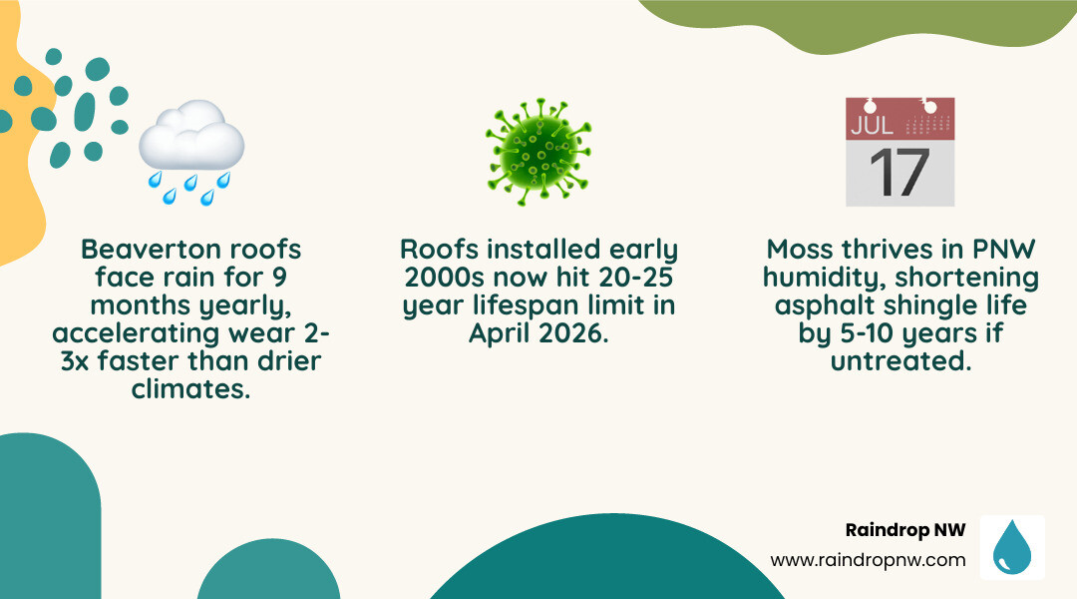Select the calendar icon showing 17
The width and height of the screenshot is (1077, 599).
(899, 152)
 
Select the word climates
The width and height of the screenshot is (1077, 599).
(190, 388)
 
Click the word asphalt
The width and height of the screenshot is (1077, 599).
(823, 304)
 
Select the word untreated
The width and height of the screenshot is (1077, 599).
(900, 360)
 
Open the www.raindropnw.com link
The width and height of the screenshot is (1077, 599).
(868, 560)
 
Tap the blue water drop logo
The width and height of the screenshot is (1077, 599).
(1012, 547)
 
